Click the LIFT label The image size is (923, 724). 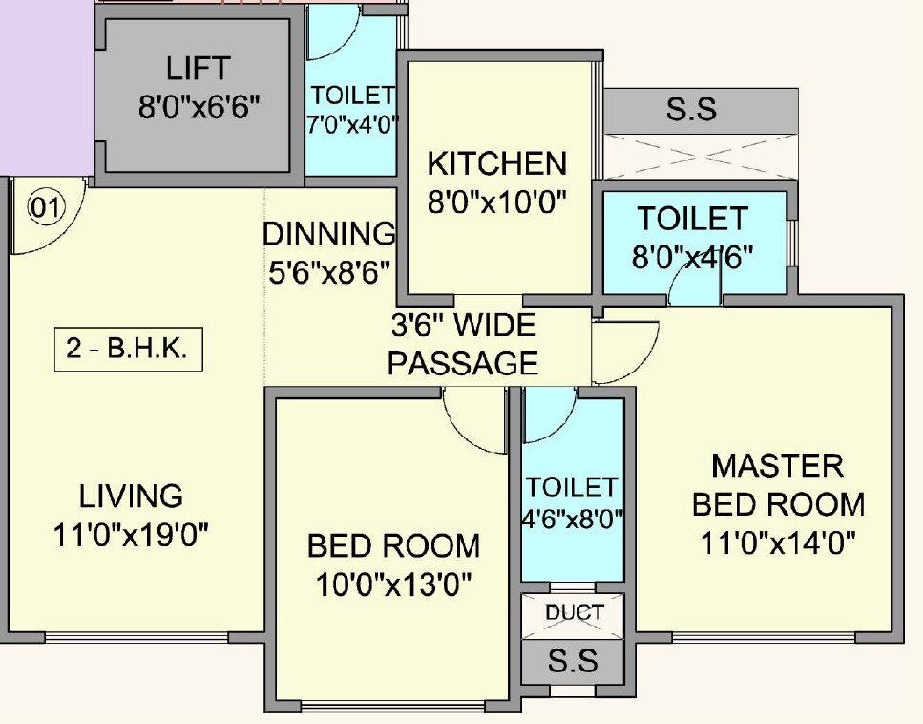pyautogui.click(x=198, y=69)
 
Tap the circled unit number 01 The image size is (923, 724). pyautogui.click(x=45, y=207)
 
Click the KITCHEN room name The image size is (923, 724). pyautogui.click(x=496, y=163)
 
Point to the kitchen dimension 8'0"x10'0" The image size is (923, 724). pyautogui.click(x=497, y=202)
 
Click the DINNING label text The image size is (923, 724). pyautogui.click(x=328, y=234)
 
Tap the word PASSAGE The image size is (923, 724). pyautogui.click(x=463, y=363)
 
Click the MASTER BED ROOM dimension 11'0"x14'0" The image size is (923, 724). pyautogui.click(x=778, y=543)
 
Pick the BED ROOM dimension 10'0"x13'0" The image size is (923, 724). pyautogui.click(x=393, y=583)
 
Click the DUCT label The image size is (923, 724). pyautogui.click(x=574, y=612)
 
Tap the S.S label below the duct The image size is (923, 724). pyautogui.click(x=573, y=661)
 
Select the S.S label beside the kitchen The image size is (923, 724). pyautogui.click(x=691, y=109)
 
